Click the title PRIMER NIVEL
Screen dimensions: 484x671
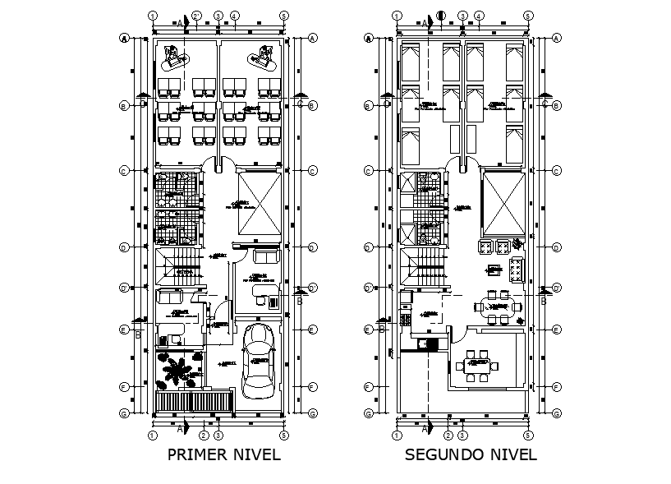(x=223, y=454)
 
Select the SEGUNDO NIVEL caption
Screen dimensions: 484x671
(x=471, y=454)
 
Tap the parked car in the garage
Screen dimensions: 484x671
(x=260, y=361)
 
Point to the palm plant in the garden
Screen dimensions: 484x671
(x=175, y=371)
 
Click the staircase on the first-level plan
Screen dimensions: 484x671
(x=179, y=267)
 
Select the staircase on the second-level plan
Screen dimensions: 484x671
(x=425, y=267)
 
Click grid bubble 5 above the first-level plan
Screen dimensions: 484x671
(x=283, y=16)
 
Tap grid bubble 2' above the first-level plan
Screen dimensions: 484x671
(x=197, y=16)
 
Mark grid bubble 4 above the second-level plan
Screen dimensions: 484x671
(x=479, y=16)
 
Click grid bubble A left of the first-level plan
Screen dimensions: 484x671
(x=124, y=38)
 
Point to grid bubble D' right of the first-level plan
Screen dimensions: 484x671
(x=313, y=288)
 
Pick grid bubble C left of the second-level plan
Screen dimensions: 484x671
(x=369, y=171)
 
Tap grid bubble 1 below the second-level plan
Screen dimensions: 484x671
(x=397, y=435)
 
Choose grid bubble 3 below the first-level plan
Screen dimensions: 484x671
(x=218, y=435)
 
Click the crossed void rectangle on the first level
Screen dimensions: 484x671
(x=259, y=204)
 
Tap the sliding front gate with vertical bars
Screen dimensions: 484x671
(x=194, y=402)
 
